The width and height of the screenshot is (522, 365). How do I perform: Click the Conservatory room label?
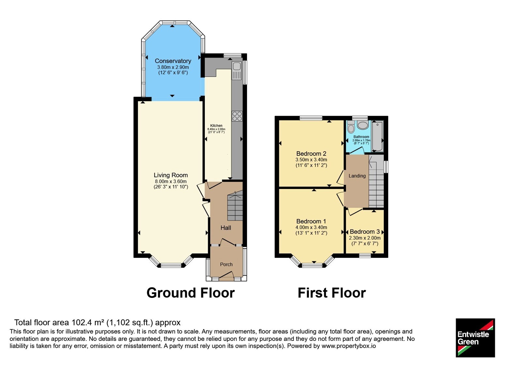click(x=173, y=61)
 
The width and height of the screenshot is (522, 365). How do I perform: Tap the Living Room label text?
click(x=171, y=175)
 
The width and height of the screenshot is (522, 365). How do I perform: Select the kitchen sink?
click(x=237, y=70)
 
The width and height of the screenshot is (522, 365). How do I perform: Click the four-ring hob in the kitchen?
click(x=237, y=116)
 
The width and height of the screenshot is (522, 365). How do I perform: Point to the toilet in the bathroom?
click(x=351, y=127)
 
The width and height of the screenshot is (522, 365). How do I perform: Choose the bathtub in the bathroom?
click(x=377, y=136)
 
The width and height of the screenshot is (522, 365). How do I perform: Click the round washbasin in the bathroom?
click(x=362, y=125)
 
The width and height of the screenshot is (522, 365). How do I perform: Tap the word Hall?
click(x=226, y=228)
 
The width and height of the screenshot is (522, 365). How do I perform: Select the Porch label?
click(x=226, y=264)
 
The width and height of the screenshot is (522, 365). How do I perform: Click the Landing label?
click(x=357, y=176)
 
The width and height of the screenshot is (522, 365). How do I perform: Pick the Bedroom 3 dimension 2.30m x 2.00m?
click(x=365, y=238)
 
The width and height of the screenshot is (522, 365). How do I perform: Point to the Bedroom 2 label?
click(x=311, y=153)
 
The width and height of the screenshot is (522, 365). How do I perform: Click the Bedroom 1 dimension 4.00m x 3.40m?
click(x=311, y=227)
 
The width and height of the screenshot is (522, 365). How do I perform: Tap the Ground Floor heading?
click(x=191, y=293)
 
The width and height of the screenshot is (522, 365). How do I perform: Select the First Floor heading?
click(x=331, y=293)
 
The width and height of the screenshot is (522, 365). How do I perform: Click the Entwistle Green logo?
click(x=475, y=338)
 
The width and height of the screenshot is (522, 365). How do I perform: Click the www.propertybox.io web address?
click(x=349, y=346)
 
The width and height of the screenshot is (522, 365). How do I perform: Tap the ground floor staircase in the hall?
click(x=235, y=206)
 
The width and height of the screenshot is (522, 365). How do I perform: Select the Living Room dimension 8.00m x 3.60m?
click(x=171, y=181)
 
